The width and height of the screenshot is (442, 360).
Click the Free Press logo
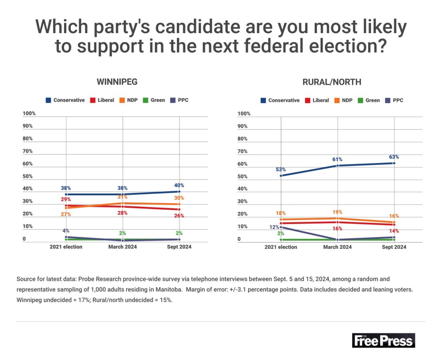pyautogui.click(x=384, y=340)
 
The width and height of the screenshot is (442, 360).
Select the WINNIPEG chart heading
pyautogui.click(x=117, y=82)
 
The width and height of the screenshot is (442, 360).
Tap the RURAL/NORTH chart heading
pyautogui.click(x=332, y=82)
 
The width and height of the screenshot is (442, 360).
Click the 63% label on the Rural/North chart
pyautogui.click(x=394, y=157)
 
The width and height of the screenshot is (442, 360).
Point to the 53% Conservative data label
pyautogui.click(x=281, y=170)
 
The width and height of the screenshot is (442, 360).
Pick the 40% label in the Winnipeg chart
pyautogui.click(x=179, y=186)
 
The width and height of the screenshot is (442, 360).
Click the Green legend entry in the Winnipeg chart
pyautogui.click(x=154, y=100)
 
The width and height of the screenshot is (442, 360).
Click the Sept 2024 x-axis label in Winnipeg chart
pyautogui.click(x=179, y=247)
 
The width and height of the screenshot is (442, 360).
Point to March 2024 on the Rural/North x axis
pyautogui.click(x=338, y=247)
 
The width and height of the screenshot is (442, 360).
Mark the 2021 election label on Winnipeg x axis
pyautogui.click(x=66, y=247)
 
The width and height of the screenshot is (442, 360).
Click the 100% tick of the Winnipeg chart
pyautogui.click(x=29, y=114)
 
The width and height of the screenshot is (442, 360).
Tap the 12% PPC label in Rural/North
pyautogui.click(x=274, y=227)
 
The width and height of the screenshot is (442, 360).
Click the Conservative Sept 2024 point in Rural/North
pyautogui.click(x=394, y=163)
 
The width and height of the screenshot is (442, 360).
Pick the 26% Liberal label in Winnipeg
pyautogui.click(x=179, y=216)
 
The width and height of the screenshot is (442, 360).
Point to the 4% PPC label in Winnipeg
pyautogui.click(x=66, y=231)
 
